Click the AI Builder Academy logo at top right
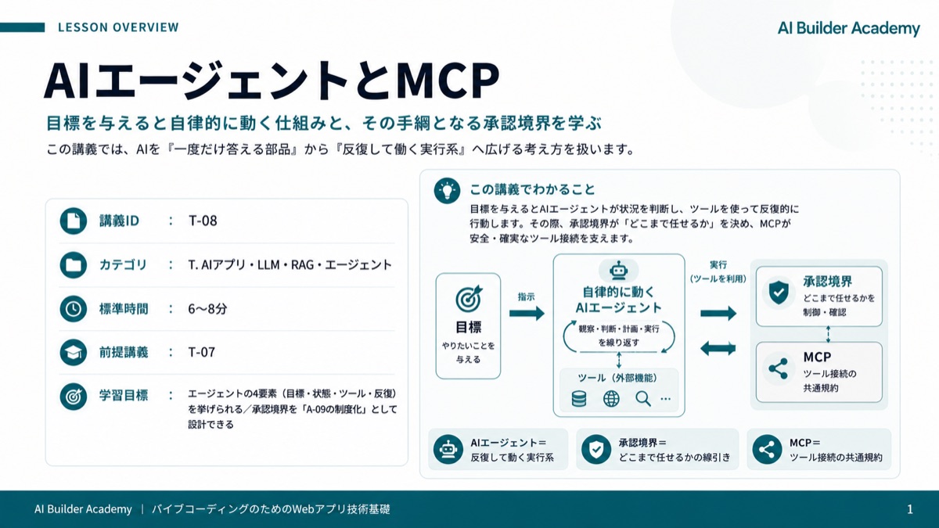[848, 28]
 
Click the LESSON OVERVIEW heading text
[118, 27]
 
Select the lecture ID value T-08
[203, 221]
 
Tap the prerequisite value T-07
[202, 352]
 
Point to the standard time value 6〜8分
[207, 309]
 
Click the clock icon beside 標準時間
[74, 309]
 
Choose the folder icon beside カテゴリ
[74, 265]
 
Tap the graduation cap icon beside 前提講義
[74, 353]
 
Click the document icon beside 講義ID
[74, 221]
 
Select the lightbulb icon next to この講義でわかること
[448, 191]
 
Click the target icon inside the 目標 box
[469, 298]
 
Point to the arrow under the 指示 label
[527, 313]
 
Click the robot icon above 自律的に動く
[619, 271]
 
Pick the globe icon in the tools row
[611, 398]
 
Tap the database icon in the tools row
[579, 398]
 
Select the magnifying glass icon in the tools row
[643, 398]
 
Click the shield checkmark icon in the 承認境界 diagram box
[779, 292]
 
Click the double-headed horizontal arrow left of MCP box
[718, 348]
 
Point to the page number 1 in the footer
[909, 509]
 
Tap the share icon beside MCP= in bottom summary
[767, 450]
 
